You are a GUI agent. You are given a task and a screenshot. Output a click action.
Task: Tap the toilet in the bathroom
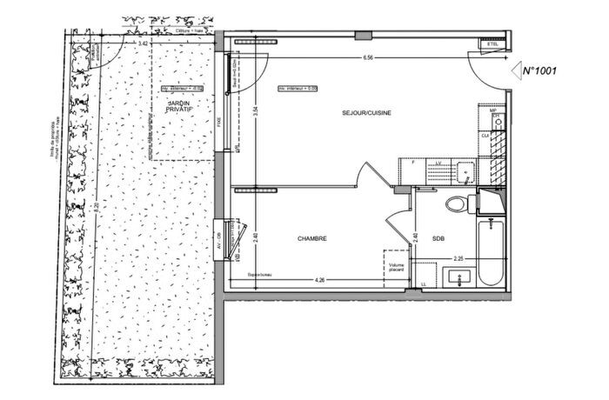456,204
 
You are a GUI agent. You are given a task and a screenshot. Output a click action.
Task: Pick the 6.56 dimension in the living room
370,58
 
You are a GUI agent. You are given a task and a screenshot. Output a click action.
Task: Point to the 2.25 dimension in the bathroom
458,257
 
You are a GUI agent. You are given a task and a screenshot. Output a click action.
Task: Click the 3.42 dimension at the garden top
142,42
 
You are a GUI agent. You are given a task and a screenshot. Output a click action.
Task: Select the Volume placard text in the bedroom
398,269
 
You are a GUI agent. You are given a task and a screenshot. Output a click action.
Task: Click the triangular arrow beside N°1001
515,70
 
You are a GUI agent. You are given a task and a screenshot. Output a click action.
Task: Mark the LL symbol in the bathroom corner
424,283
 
